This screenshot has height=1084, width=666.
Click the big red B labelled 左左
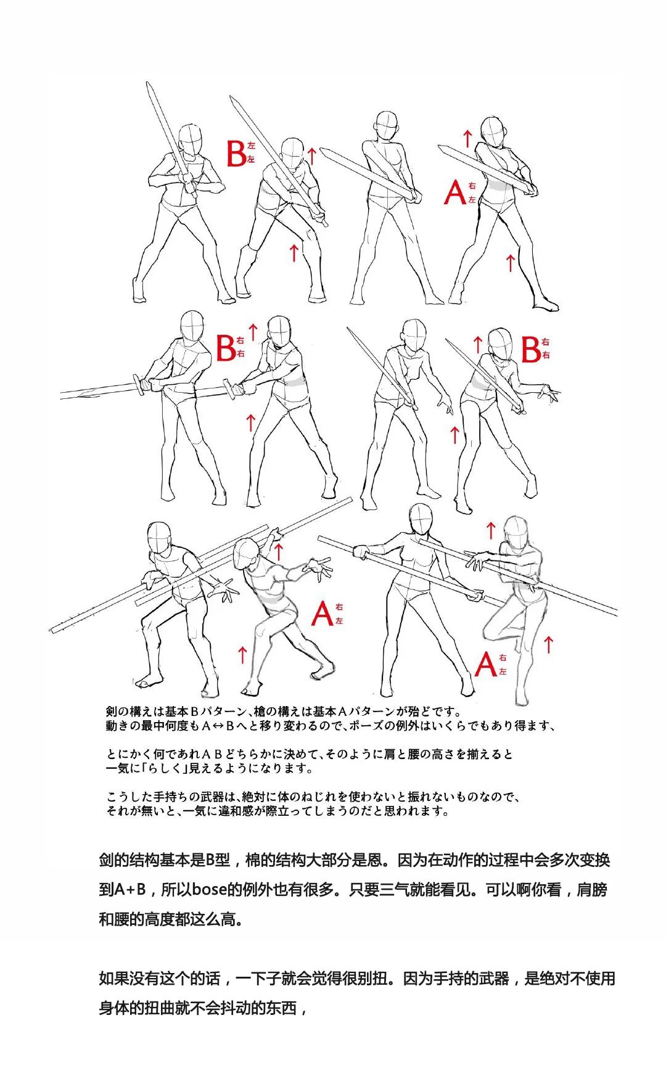pyautogui.click(x=236, y=154)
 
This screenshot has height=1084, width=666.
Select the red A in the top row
pyautogui.click(x=455, y=192)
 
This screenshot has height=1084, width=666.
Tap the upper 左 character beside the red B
pyautogui.click(x=251, y=146)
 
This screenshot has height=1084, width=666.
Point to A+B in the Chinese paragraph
pyautogui.click(x=130, y=890)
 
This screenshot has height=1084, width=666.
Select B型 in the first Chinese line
pyautogui.click(x=218, y=860)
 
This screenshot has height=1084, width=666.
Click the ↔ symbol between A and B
pyautogui.click(x=218, y=726)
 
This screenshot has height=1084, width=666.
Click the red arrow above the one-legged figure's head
pyautogui.click(x=491, y=530)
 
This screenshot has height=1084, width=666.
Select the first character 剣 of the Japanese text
pyautogui.click(x=112, y=712)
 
